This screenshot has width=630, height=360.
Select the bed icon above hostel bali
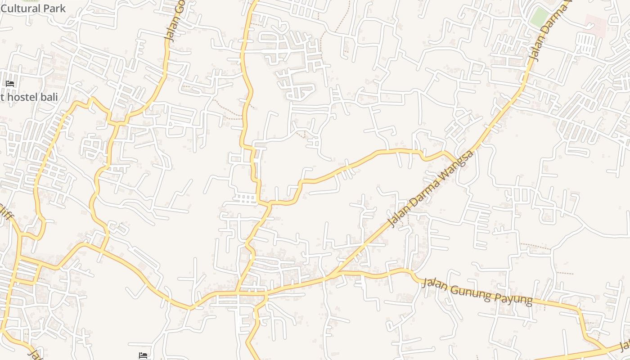[10, 84]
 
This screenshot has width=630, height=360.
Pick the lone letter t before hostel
[2, 97]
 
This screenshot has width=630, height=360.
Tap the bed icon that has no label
[143, 355]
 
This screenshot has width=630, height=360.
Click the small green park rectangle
[539, 17]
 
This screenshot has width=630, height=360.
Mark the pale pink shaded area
[595, 25]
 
